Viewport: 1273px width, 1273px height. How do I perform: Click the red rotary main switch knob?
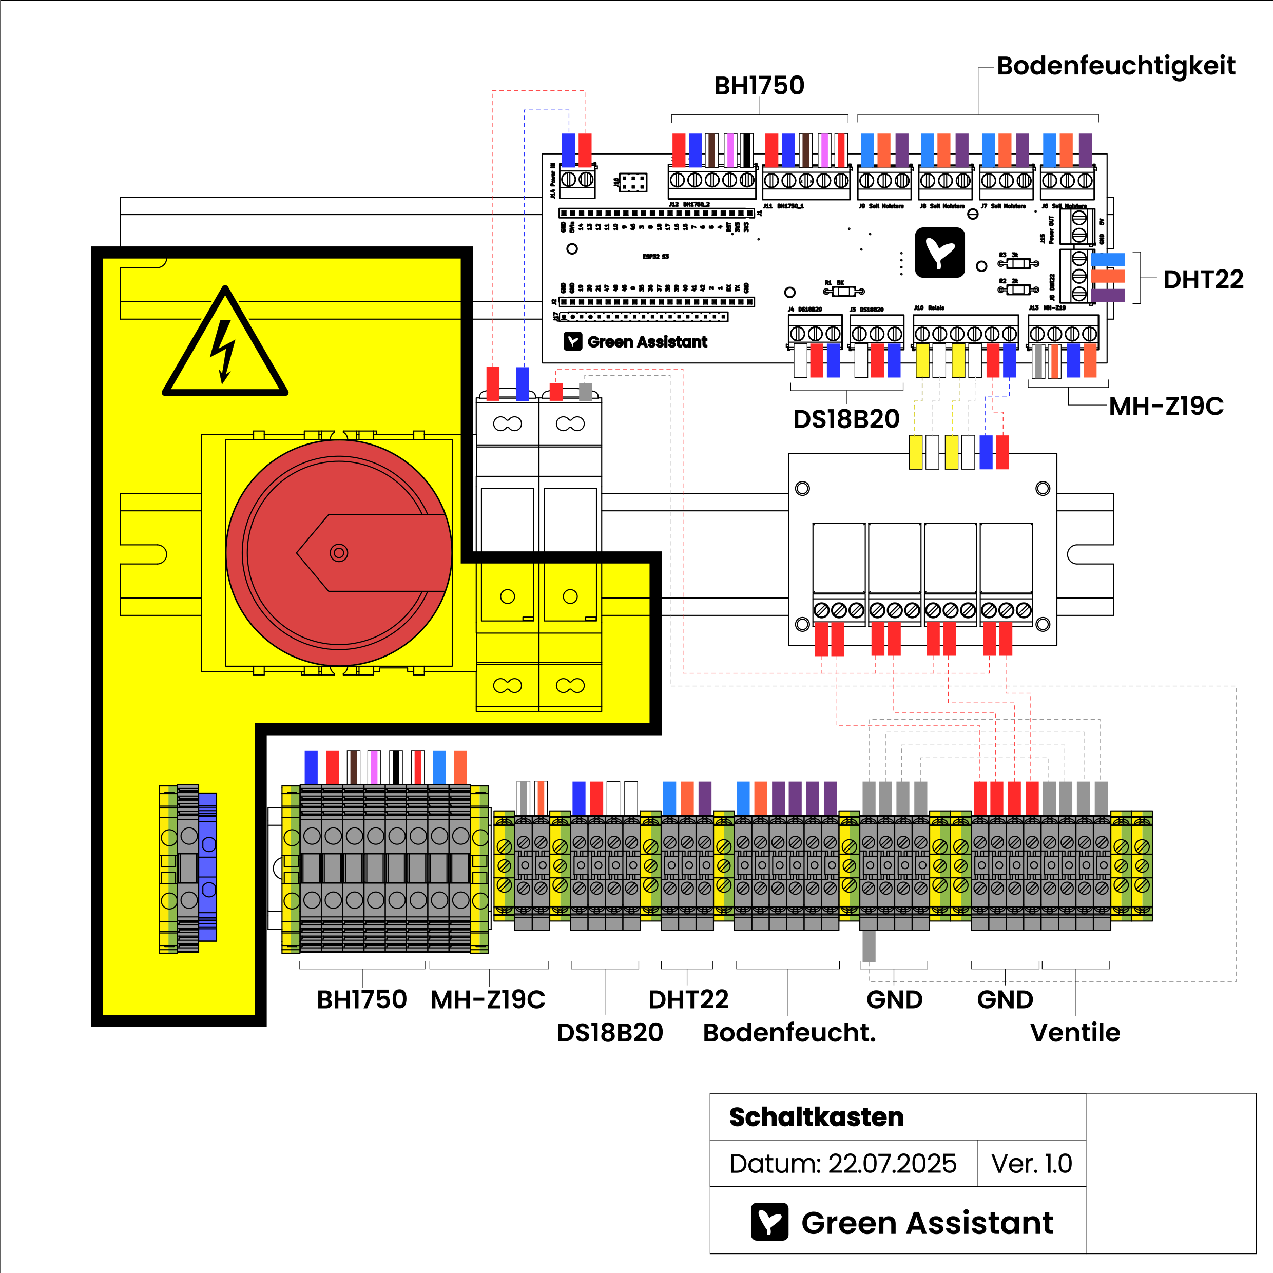[x=339, y=552]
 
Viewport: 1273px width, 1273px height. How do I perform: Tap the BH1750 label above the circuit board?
[x=759, y=86]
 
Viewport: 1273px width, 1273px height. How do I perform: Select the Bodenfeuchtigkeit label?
[x=1115, y=66]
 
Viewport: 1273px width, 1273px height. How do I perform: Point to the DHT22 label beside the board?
[x=1203, y=279]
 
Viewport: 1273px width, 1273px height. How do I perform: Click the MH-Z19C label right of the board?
[x=1166, y=406]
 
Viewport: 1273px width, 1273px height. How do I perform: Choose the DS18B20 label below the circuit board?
[x=846, y=419]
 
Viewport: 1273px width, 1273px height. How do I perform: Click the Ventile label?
[x=1075, y=1032]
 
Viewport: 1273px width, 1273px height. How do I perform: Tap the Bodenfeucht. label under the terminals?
[x=789, y=1032]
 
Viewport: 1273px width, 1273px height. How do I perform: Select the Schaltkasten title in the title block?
[x=816, y=1117]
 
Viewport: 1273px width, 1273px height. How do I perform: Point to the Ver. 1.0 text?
[x=1031, y=1164]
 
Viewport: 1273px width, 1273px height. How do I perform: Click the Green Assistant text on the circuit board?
[x=647, y=341]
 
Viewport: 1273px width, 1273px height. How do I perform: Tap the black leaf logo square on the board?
[x=939, y=253]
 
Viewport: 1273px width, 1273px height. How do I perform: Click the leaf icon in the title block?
[x=769, y=1222]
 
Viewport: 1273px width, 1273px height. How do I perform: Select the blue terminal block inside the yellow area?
[x=207, y=866]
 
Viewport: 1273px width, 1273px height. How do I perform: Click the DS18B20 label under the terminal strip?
[x=609, y=1032]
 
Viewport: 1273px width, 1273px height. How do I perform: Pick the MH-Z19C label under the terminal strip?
[x=488, y=999]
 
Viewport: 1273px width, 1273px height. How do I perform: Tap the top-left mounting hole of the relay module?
[x=802, y=488]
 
